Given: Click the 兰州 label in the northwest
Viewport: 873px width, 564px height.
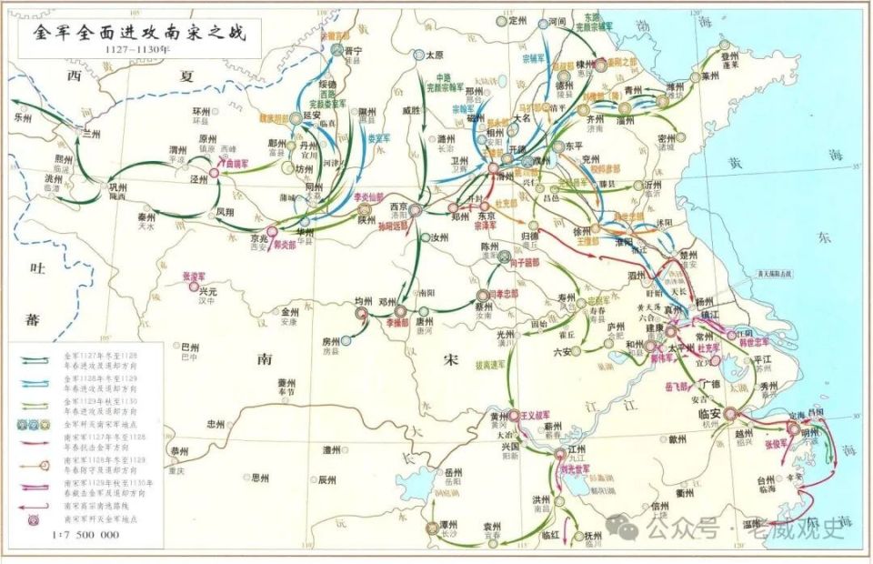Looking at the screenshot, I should click(90, 133).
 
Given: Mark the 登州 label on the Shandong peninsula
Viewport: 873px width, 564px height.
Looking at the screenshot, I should click(728, 55).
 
